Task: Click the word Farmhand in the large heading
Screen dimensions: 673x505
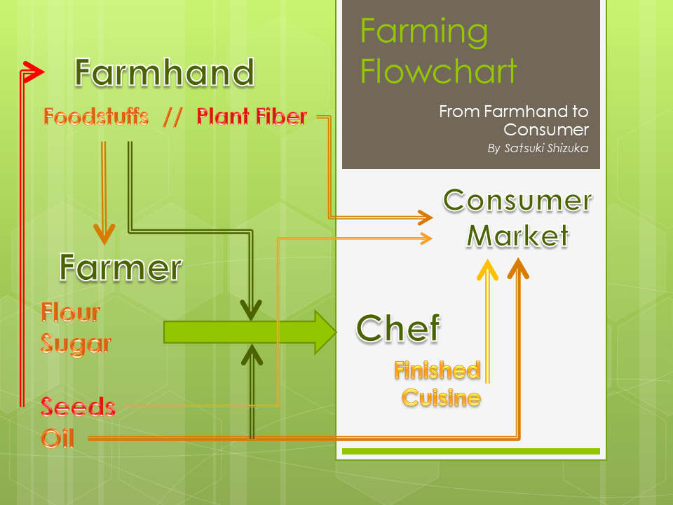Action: click(x=165, y=72)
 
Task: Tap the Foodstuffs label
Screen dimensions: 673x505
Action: click(x=96, y=117)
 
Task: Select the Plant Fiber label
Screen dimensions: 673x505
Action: click(x=252, y=116)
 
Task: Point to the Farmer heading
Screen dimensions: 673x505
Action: click(x=121, y=267)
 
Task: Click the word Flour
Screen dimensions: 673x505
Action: click(x=70, y=312)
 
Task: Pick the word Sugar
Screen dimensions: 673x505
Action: click(x=76, y=344)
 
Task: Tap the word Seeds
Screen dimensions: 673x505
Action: click(x=78, y=407)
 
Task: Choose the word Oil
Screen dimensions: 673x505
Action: click(x=57, y=438)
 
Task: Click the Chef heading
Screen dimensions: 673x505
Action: click(x=398, y=328)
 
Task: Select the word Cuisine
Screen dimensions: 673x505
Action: click(x=441, y=398)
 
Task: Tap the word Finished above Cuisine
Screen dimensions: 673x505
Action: click(x=437, y=370)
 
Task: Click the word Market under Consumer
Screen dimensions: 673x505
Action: click(x=517, y=236)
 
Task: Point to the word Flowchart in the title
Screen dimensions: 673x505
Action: click(x=439, y=72)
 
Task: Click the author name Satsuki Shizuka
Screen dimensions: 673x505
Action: click(x=546, y=148)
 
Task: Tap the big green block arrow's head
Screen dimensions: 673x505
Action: click(x=326, y=332)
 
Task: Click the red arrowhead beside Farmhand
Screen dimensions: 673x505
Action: click(x=34, y=72)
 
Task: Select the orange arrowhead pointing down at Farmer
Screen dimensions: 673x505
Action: click(x=104, y=234)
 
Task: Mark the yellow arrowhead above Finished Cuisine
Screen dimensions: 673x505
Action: click(x=488, y=269)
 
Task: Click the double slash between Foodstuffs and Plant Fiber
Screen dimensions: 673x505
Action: click(x=172, y=118)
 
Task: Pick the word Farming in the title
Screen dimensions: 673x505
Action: click(x=424, y=33)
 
